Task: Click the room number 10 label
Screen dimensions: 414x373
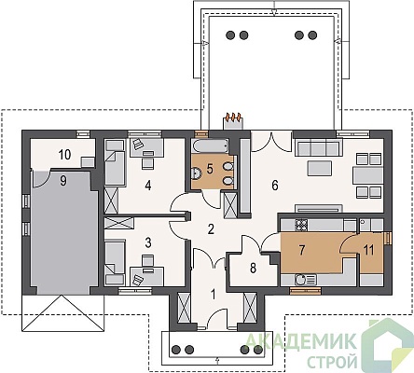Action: tap(64, 155)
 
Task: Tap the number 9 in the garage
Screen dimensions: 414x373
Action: tap(63, 181)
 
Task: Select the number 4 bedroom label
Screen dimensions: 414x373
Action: tap(148, 186)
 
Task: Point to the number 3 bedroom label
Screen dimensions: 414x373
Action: tap(148, 242)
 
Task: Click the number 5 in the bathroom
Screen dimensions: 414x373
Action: tap(210, 170)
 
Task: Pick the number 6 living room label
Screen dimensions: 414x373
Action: tap(275, 186)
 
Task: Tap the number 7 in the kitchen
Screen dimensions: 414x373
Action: tap(302, 250)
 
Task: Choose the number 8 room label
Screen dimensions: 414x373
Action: tap(254, 269)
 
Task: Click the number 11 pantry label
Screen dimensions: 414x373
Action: tap(369, 250)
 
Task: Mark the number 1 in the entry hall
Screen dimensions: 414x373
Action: tap(214, 295)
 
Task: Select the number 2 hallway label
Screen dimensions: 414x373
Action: tap(211, 229)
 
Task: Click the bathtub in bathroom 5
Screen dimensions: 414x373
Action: tap(211, 145)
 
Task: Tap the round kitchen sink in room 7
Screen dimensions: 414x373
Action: tap(300, 279)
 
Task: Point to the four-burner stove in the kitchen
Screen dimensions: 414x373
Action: tap(301, 225)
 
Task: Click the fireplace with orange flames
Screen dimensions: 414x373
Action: tap(232, 121)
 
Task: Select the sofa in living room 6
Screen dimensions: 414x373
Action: tap(319, 147)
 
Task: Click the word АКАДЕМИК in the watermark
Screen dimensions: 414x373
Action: tap(300, 341)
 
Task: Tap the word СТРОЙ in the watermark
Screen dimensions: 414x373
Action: tap(332, 362)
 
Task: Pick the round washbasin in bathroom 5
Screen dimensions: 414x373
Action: tap(197, 173)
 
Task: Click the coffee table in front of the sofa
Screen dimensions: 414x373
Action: tap(320, 168)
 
